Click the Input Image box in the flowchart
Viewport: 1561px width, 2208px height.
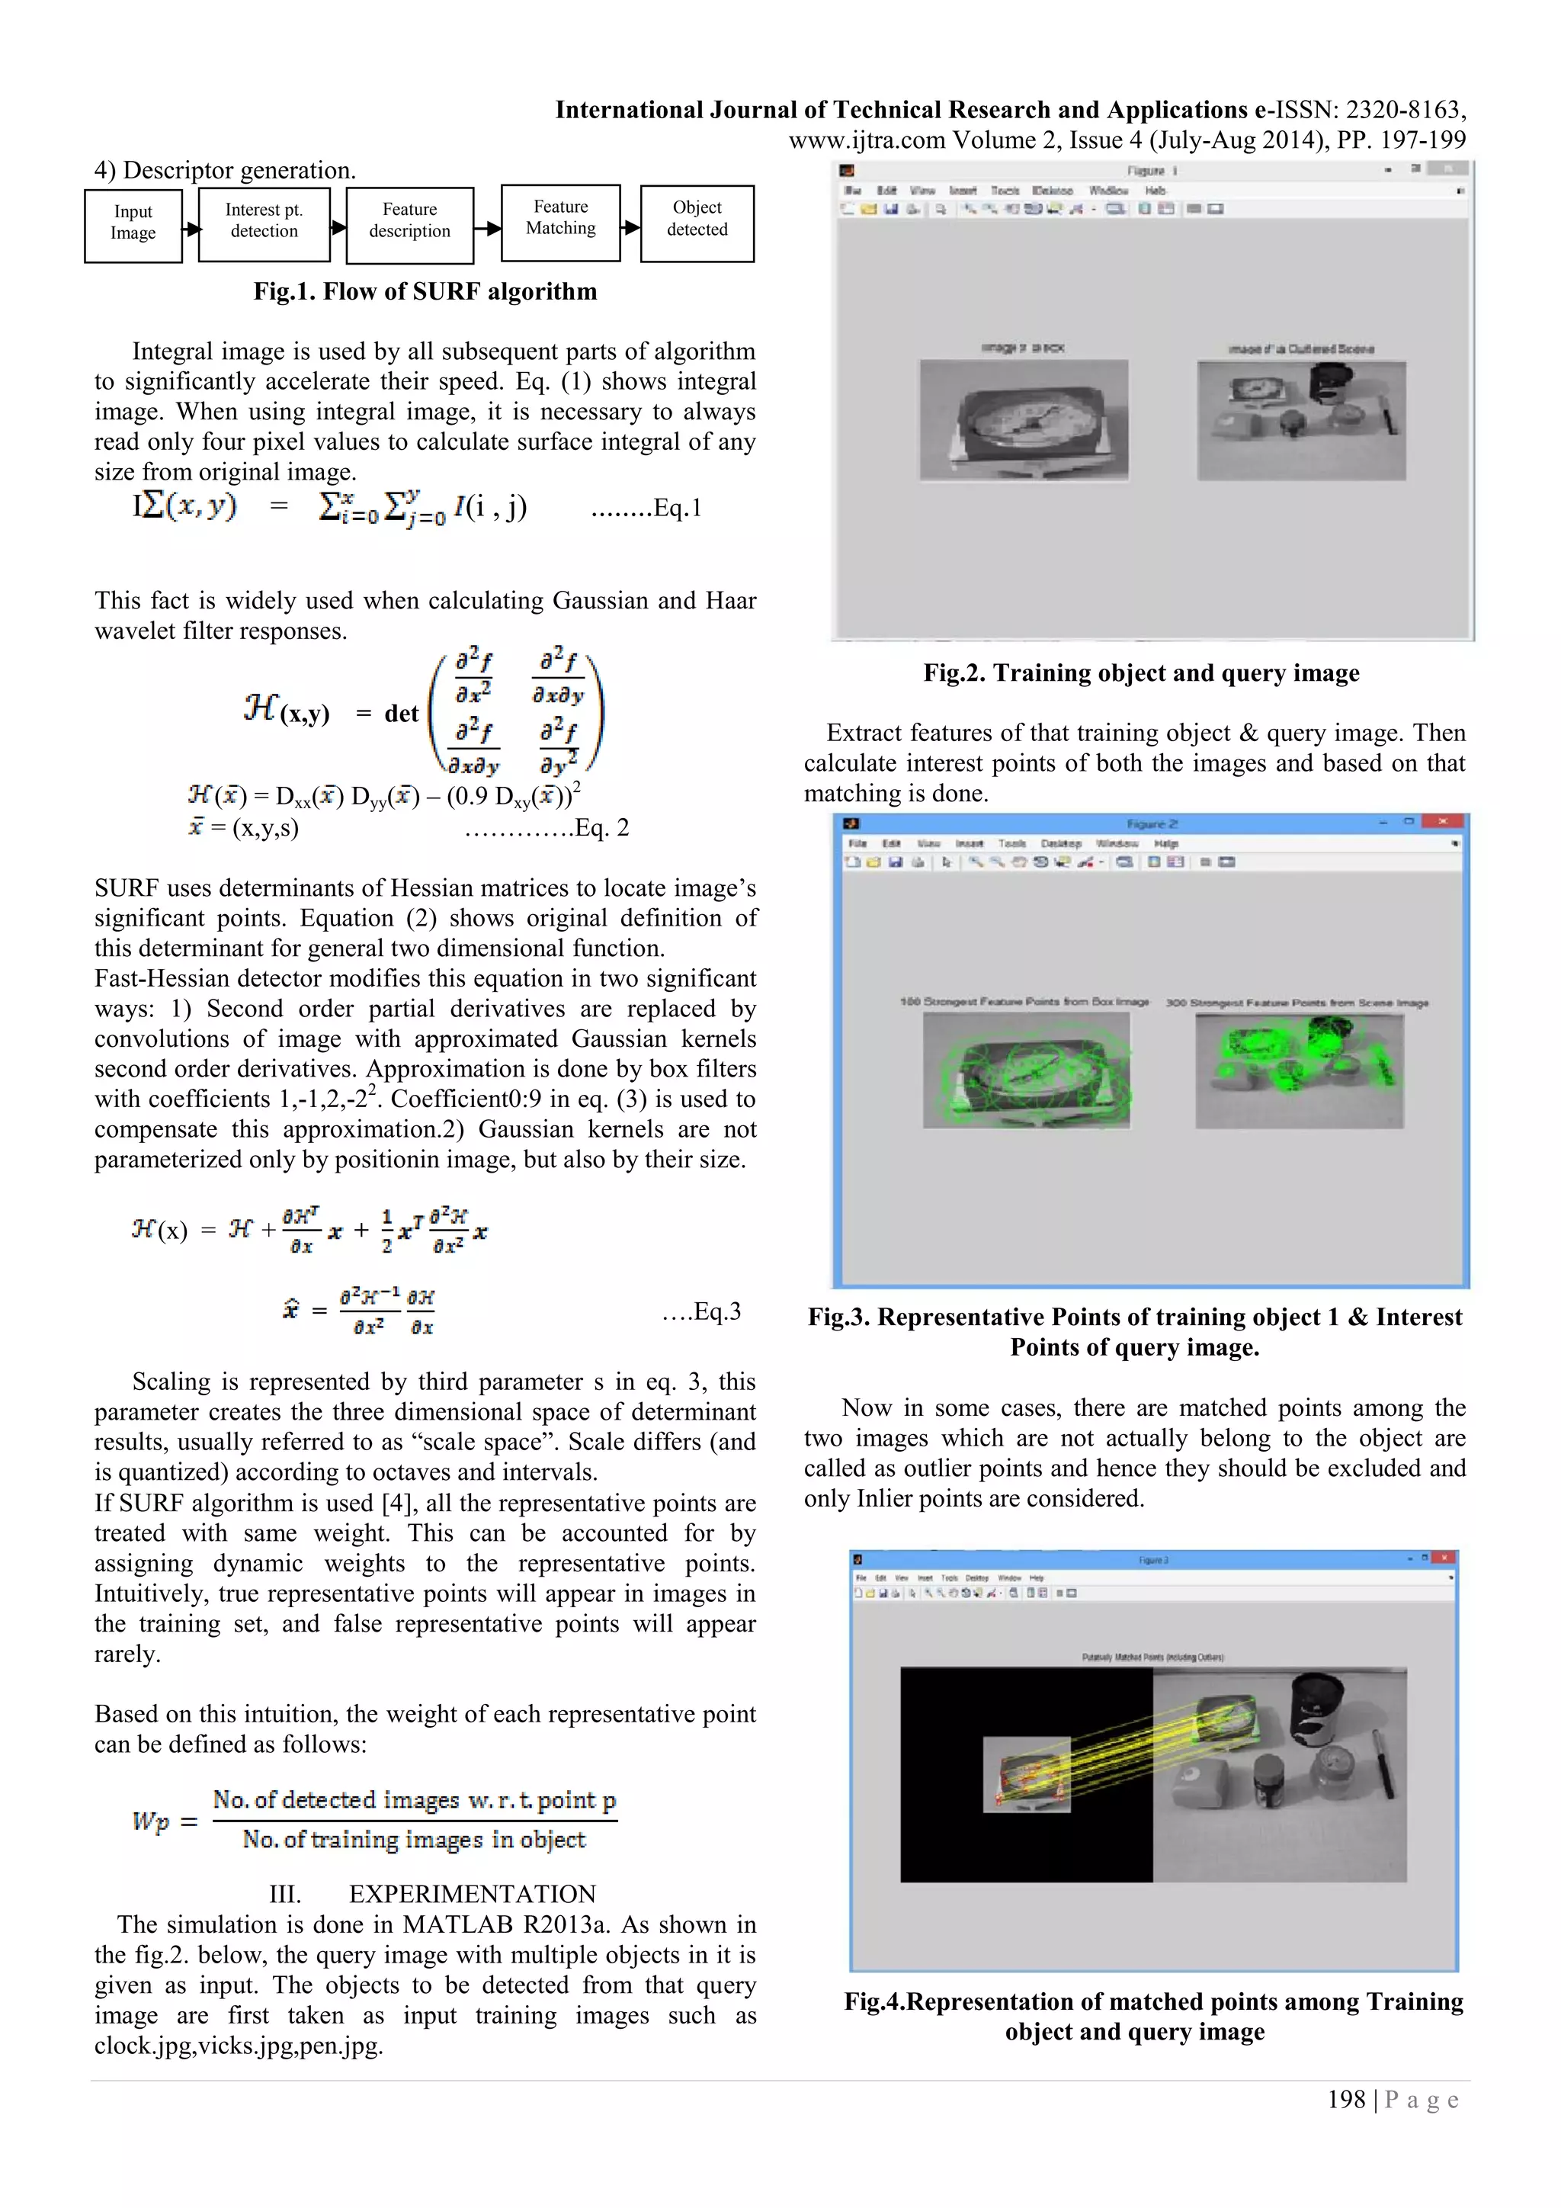(133, 224)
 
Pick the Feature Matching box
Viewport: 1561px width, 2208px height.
(560, 220)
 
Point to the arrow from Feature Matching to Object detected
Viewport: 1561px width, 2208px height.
(630, 228)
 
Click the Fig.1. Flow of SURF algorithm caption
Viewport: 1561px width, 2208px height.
(425, 291)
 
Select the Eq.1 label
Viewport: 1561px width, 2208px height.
(677, 508)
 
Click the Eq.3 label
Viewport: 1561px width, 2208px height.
(716, 1311)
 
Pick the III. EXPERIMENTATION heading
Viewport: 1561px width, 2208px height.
(432, 1894)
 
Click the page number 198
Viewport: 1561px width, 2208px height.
(1346, 2099)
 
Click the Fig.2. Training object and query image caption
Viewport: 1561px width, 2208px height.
(1141, 672)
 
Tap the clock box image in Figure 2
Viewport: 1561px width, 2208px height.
(1023, 419)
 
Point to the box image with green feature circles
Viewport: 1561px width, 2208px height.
(1026, 1070)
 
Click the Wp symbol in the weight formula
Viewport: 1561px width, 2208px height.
(152, 1821)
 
